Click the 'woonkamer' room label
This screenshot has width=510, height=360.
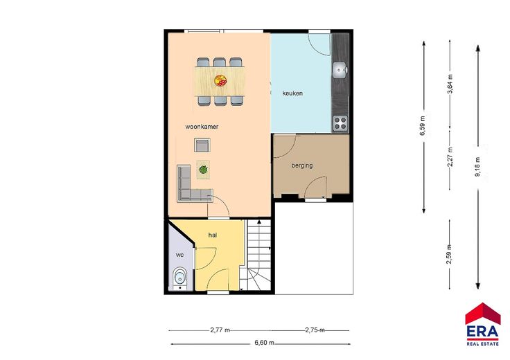[202, 127]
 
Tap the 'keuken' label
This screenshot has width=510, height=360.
[292, 93]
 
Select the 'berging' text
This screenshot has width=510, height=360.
[302, 165]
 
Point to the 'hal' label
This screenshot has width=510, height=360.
[213, 235]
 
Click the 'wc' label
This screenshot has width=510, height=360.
[180, 255]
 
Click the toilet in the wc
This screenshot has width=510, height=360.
[179, 278]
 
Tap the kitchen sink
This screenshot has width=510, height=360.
[340, 70]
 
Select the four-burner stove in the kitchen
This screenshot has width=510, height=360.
[340, 123]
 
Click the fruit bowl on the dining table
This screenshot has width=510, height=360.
[220, 80]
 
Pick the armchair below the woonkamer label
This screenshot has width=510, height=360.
[202, 145]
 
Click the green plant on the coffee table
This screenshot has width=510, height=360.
[203, 170]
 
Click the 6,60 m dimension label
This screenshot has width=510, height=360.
[264, 343]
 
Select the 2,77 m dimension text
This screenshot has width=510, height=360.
[220, 330]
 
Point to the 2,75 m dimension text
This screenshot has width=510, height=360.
[315, 330]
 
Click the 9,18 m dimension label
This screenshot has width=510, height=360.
[478, 167]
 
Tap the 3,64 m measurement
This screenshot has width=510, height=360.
[450, 84]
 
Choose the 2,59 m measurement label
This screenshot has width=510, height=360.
[449, 254]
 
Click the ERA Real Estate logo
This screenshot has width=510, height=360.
[483, 324]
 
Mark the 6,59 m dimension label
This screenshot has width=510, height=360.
[423, 125]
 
